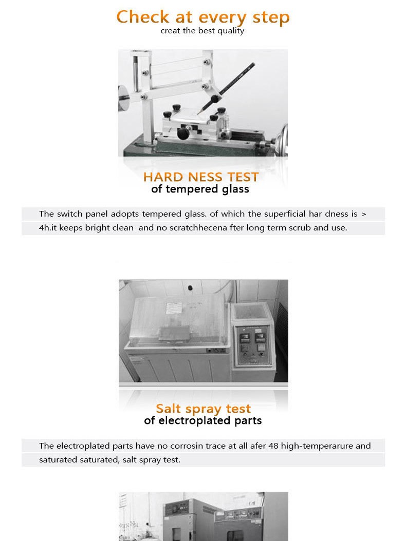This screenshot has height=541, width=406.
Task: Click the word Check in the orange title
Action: pos(143,17)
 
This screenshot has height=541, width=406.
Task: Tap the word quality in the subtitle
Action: pos(231,31)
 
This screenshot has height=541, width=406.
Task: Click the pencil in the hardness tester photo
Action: pos(227,87)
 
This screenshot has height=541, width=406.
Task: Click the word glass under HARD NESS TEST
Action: pos(235,189)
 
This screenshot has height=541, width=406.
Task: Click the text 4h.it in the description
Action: pos(48,228)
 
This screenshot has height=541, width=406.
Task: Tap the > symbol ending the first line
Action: pos(363,214)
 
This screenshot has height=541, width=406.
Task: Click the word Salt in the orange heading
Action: pos(168,409)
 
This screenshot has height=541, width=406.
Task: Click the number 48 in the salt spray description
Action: pos(273,446)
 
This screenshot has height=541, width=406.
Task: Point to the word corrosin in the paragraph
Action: pos(186,446)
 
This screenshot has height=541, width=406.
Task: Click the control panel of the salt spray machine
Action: pos(252,345)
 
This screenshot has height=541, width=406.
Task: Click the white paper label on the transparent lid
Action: pos(174,307)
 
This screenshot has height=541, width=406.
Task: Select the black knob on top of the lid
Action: pos(190,288)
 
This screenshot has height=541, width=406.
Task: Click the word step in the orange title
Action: pos(271,18)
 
